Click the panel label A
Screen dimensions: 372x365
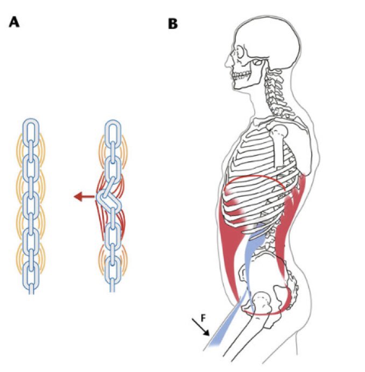coord(16,23)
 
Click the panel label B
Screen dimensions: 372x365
coord(173,23)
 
